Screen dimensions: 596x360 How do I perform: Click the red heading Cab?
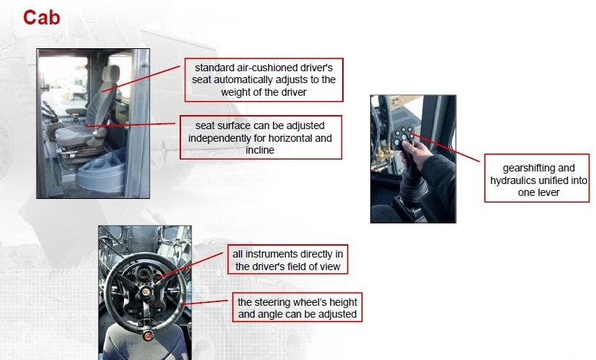pos(42,18)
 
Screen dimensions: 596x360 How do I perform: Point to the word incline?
pos(260,150)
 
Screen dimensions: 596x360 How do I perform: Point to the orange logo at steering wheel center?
pos(145,292)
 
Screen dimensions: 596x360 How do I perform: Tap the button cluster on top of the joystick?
pos(403,136)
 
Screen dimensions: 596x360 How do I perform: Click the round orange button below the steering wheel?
pos(148,336)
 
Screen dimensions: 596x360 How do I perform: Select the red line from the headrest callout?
pos(141,79)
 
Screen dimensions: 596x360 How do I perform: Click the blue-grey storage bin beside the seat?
pos(102,173)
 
